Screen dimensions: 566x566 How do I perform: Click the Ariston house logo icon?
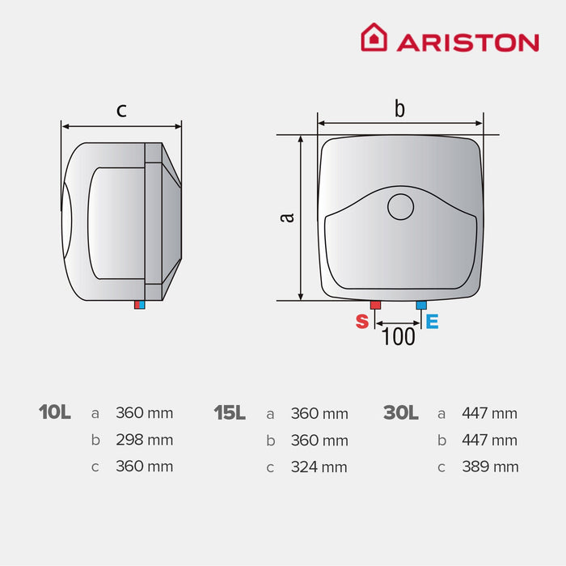click(x=374, y=37)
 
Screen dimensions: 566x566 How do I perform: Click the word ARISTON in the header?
click(x=467, y=42)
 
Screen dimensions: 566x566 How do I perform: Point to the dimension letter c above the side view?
click(x=121, y=111)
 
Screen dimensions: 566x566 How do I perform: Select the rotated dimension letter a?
click(x=285, y=217)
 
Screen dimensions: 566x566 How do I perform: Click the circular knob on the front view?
click(x=400, y=207)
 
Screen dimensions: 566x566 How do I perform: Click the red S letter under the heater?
click(x=362, y=321)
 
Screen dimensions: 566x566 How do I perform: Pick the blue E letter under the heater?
click(x=433, y=321)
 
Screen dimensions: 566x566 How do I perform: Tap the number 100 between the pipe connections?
click(x=398, y=336)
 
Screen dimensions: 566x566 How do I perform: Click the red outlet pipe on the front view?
click(x=376, y=305)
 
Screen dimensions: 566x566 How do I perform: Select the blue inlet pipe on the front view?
click(x=420, y=305)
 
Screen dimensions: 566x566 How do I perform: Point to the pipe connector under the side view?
click(x=141, y=305)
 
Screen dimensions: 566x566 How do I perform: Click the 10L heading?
click(x=55, y=412)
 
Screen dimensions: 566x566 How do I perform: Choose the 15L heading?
click(x=230, y=412)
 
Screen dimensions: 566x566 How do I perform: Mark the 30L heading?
click(x=401, y=412)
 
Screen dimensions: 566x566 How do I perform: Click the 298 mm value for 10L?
click(x=145, y=441)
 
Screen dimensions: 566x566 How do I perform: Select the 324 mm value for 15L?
click(x=319, y=467)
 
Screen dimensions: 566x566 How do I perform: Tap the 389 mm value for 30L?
click(x=490, y=467)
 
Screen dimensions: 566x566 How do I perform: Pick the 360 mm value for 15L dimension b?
click(x=319, y=441)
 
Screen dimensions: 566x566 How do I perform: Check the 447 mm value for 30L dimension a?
click(x=490, y=413)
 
